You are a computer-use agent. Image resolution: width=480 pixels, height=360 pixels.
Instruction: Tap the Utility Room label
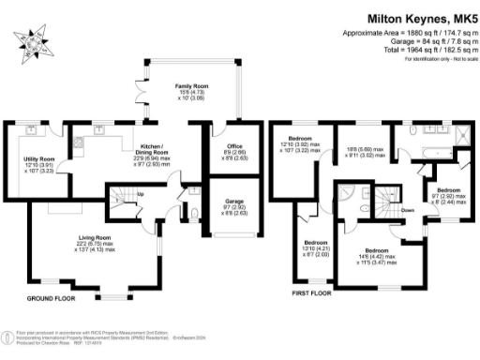tap(25, 160)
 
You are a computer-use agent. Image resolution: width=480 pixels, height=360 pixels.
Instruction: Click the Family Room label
tap(191, 86)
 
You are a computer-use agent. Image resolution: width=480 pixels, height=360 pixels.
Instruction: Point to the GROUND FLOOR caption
tap(52, 298)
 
